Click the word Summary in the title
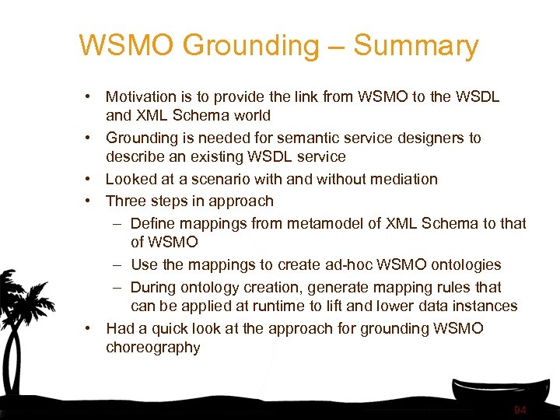(415, 47)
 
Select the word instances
(486, 306)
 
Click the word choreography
(152, 348)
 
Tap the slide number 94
(520, 410)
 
